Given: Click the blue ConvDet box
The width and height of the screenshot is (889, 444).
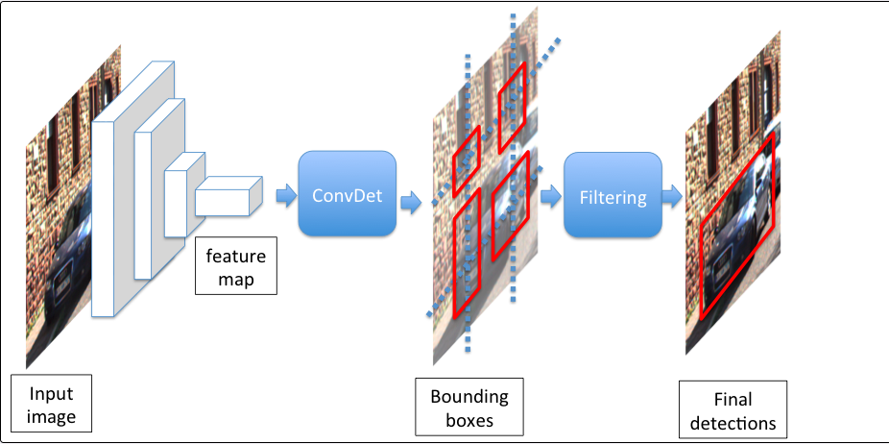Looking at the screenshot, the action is click(x=347, y=193).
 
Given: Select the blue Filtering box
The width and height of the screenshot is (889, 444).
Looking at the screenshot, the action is click(x=613, y=195).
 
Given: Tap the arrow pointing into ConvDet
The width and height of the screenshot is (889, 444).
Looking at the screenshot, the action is click(x=286, y=196).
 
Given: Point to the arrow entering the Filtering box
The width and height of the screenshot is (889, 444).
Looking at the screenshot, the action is click(x=550, y=196).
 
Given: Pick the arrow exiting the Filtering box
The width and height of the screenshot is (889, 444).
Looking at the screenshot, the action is click(x=672, y=196).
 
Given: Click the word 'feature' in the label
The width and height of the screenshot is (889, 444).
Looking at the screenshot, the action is click(x=236, y=256).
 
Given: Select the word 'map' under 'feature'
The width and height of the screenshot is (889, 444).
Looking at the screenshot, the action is click(x=236, y=280).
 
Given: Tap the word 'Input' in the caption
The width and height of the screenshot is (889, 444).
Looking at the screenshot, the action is click(x=51, y=394).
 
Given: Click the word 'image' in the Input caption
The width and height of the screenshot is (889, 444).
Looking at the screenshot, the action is click(x=52, y=418).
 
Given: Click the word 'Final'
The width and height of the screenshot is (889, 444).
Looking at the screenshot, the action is click(x=733, y=399).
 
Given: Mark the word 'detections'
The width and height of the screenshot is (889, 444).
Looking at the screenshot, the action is click(x=733, y=423).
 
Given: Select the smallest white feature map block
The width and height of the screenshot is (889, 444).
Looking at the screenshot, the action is click(x=229, y=196).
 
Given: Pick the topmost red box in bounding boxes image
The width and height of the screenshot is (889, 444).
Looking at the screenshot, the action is click(x=512, y=108).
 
